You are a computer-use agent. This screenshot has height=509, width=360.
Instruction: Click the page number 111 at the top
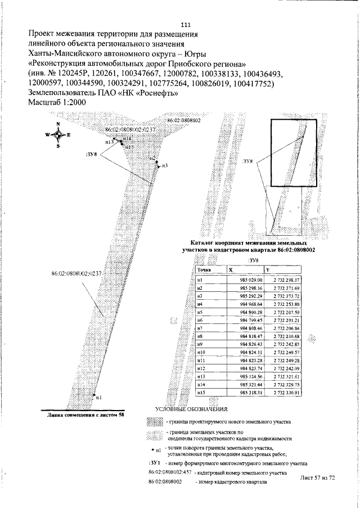point(186,25)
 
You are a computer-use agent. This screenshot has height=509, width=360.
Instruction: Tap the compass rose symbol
point(58,134)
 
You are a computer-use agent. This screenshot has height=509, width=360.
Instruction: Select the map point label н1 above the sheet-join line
point(99,398)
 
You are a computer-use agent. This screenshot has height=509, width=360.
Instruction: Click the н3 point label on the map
point(165,166)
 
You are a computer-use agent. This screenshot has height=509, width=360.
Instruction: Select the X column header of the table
point(231,270)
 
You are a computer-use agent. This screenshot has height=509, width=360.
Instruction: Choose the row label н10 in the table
point(201,352)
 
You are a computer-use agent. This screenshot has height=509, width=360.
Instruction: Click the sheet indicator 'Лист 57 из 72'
point(318,477)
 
